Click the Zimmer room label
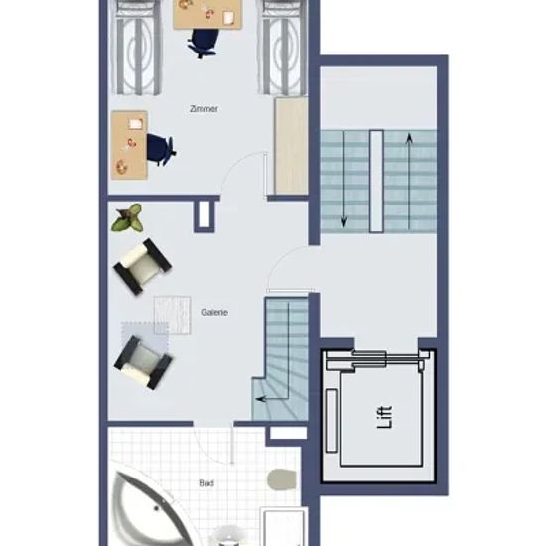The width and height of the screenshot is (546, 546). [x=204, y=109]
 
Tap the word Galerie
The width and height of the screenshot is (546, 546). [x=214, y=312]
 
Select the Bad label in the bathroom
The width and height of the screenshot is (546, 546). [x=206, y=483]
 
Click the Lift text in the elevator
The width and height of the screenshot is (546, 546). [x=385, y=417]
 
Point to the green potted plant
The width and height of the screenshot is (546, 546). [x=128, y=218]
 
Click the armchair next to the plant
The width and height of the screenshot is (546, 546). [x=142, y=266]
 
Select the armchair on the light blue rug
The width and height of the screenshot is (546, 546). [x=143, y=362]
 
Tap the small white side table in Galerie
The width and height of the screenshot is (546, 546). [x=172, y=315]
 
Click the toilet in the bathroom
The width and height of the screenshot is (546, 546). [x=281, y=479]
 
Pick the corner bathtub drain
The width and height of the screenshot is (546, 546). [x=156, y=508]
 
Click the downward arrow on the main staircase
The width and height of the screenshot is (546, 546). [x=344, y=180]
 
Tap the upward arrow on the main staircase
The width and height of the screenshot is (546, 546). [x=409, y=182]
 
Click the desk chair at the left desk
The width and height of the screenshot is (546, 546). [x=160, y=150]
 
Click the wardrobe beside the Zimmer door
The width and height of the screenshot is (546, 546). [x=291, y=146]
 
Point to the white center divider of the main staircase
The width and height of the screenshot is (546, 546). [x=376, y=181]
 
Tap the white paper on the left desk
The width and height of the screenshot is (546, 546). [x=136, y=123]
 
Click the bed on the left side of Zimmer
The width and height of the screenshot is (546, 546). [x=136, y=48]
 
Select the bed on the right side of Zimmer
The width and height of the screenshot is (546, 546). [x=283, y=48]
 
